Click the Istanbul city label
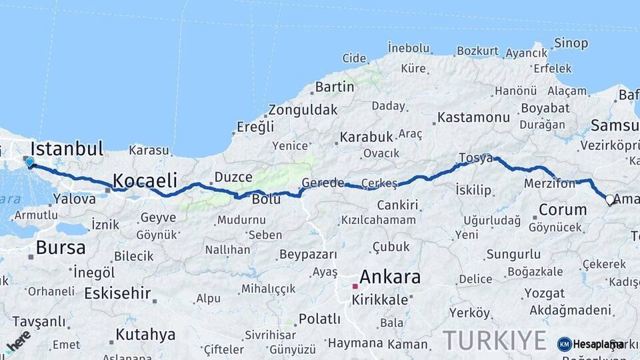tap(67, 148)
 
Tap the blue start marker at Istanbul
tap(29, 161)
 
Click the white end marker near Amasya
tap(609, 199)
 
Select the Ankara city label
tap(390, 277)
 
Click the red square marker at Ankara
tap(355, 286)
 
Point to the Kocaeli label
tap(145, 180)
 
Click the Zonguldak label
tap(303, 110)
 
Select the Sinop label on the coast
tap(571, 44)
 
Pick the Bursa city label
tap(61, 248)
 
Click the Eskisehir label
tap(117, 293)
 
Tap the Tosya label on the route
tap(475, 158)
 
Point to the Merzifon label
tap(550, 183)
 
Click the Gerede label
tap(323, 183)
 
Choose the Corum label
tap(563, 210)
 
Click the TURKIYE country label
tap(495, 341)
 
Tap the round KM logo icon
tap(565, 344)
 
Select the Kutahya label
tap(145, 334)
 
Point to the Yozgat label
tap(544, 293)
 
